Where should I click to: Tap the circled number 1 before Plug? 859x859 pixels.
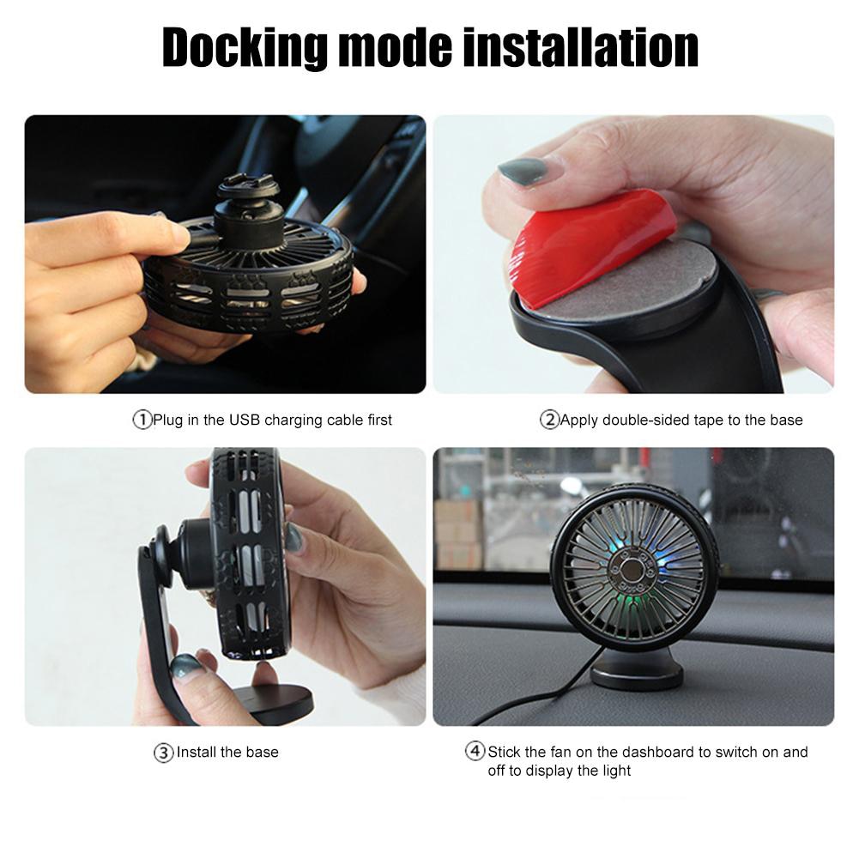point(142,420)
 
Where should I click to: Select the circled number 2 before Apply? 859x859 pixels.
point(549,420)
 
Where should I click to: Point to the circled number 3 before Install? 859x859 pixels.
point(164,753)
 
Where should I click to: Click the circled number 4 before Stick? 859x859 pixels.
point(475,752)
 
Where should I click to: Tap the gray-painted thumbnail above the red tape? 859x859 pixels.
point(522,171)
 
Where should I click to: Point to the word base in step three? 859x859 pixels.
point(262,753)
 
